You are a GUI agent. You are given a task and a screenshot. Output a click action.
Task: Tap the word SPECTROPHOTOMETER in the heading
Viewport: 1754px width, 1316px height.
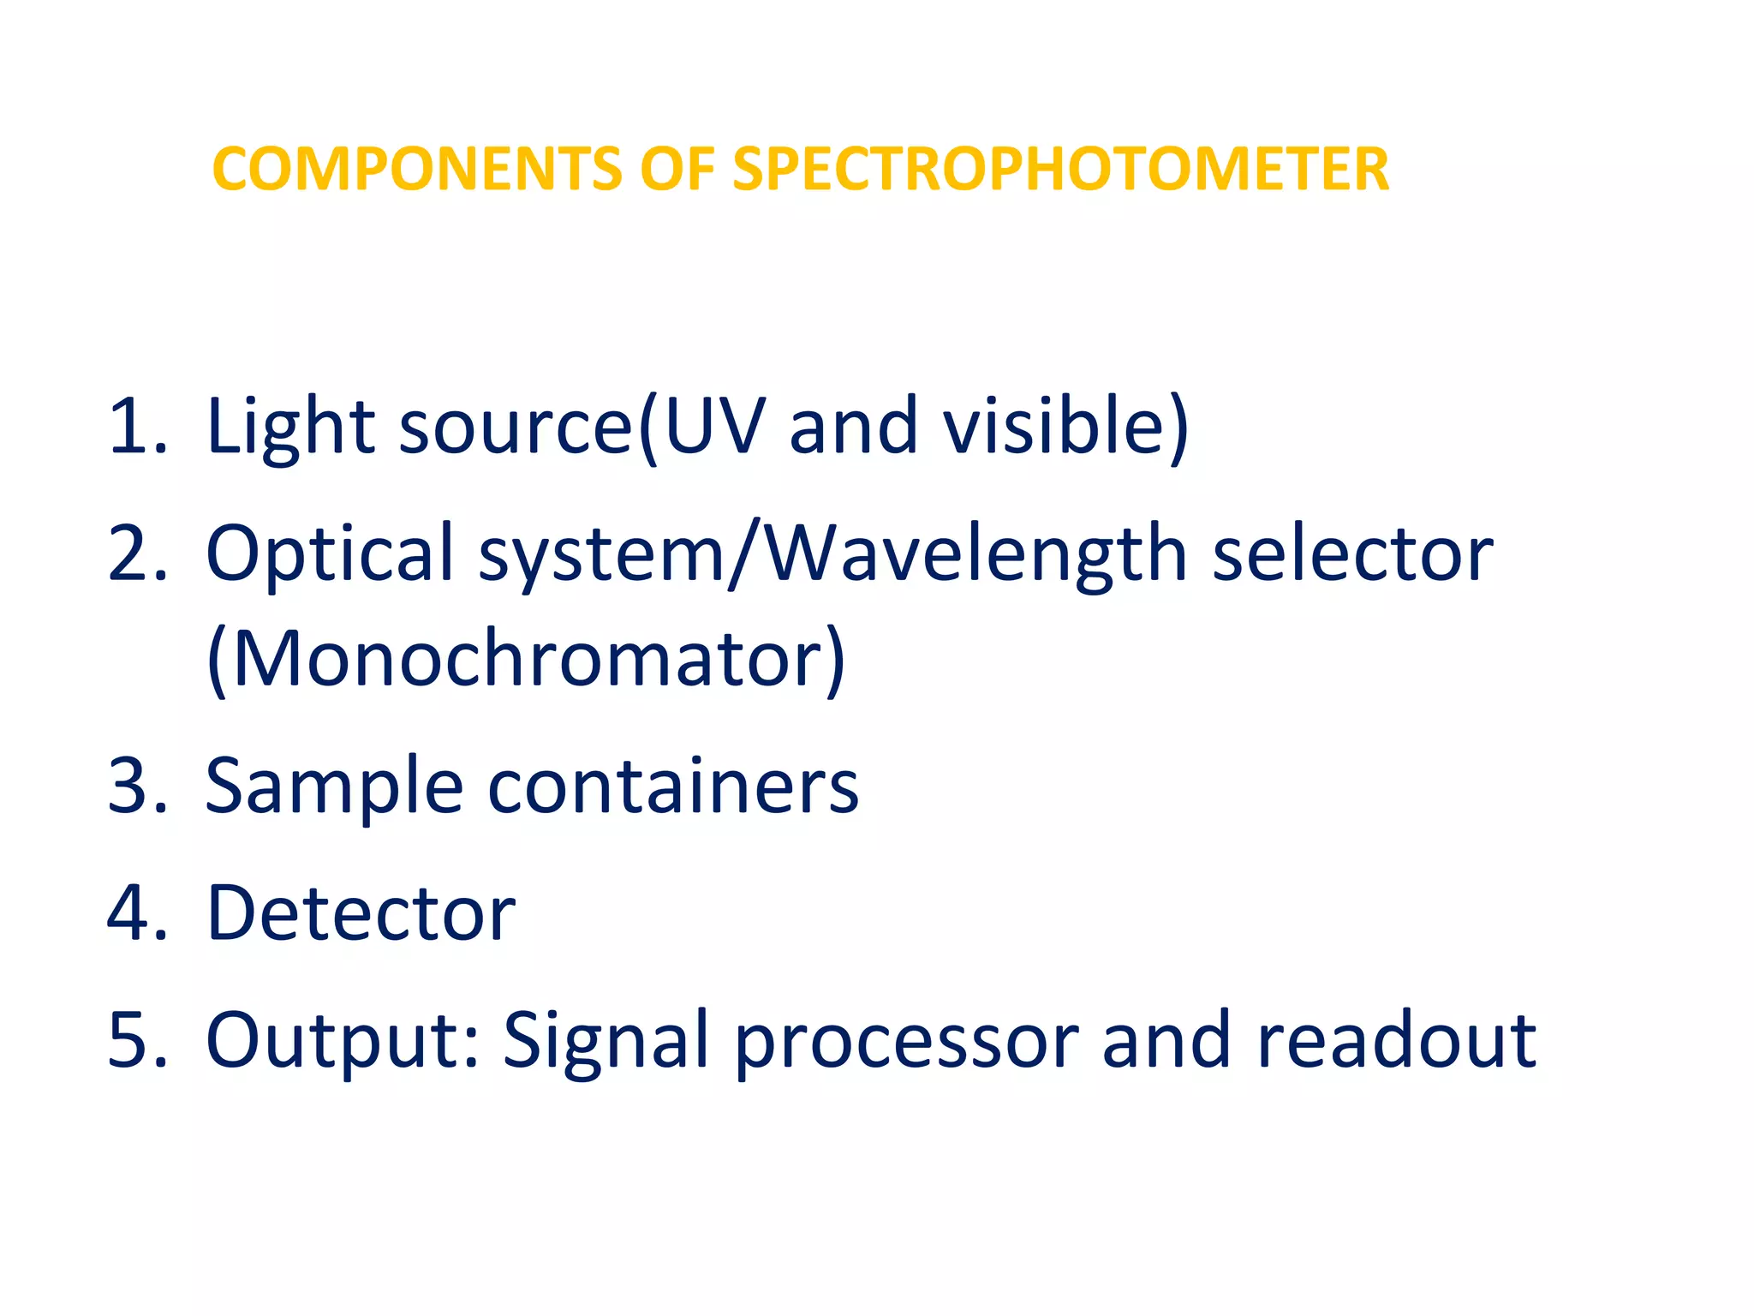pyautogui.click(x=1060, y=169)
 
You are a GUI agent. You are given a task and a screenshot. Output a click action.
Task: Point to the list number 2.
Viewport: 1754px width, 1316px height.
pyautogui.click(x=137, y=554)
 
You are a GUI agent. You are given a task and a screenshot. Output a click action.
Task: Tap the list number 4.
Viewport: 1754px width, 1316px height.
pyautogui.click(x=137, y=912)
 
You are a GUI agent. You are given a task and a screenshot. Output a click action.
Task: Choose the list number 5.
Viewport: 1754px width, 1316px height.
pyautogui.click(x=137, y=1040)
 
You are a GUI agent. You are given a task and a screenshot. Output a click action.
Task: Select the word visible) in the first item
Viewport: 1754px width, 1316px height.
pyautogui.click(x=1065, y=427)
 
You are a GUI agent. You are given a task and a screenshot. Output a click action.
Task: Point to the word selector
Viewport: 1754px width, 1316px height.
pyautogui.click(x=1353, y=554)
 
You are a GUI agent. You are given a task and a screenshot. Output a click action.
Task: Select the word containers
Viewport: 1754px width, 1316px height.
pyautogui.click(x=673, y=787)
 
